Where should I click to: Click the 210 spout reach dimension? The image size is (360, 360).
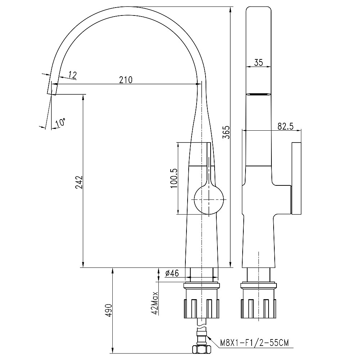126,80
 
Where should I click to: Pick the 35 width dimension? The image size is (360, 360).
258,62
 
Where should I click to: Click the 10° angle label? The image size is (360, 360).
60,122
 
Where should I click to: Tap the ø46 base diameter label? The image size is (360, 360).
172,274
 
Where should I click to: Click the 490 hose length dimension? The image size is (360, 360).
109,310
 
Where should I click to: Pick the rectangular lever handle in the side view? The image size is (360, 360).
296,179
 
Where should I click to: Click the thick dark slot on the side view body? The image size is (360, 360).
258,94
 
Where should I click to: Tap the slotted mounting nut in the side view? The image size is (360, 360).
258,308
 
